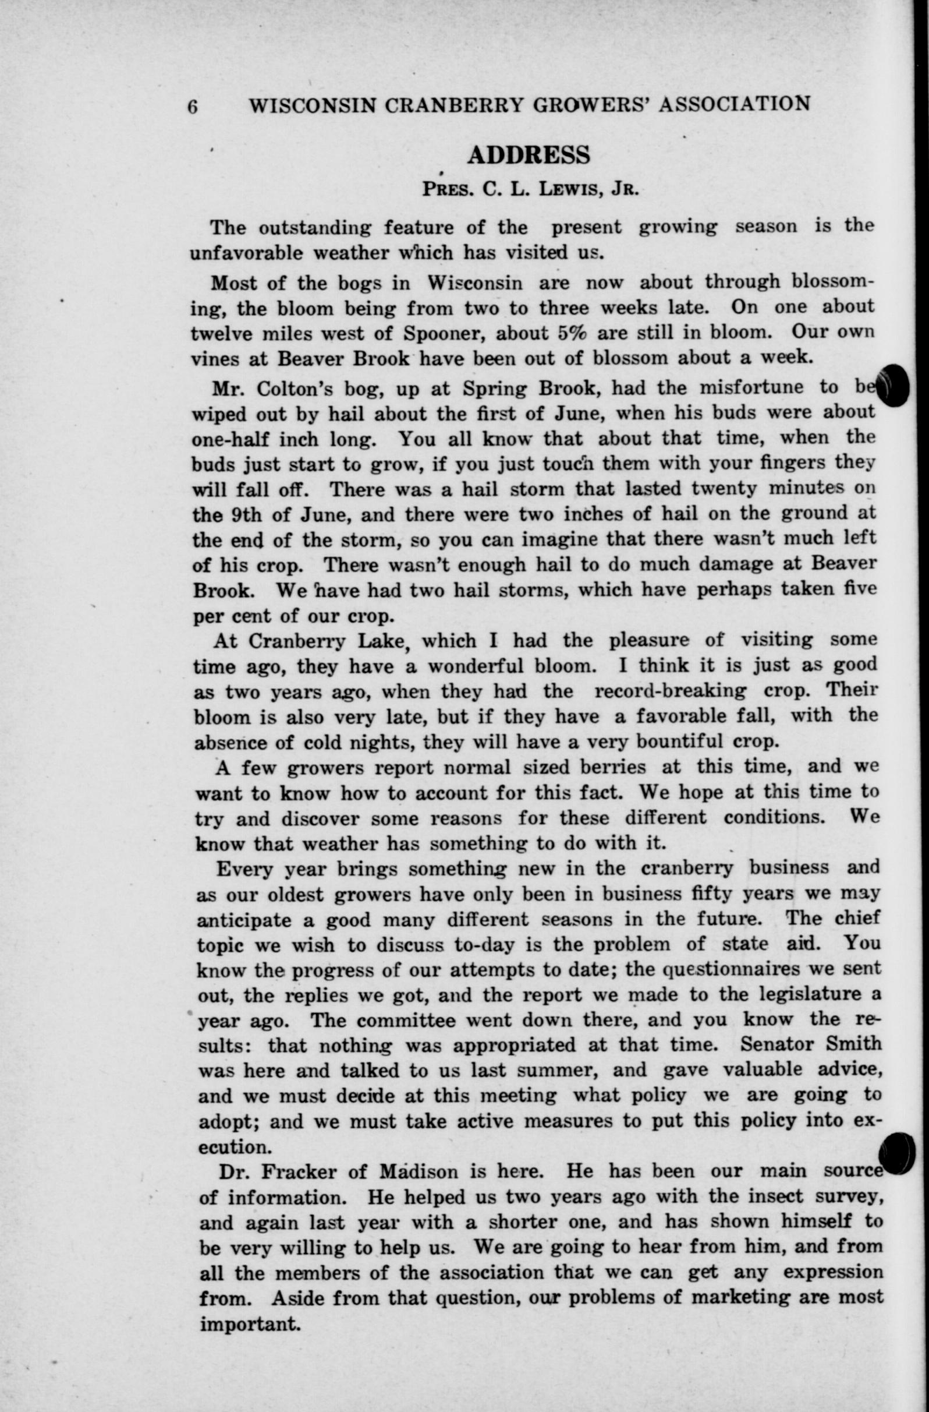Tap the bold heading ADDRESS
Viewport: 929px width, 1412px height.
tap(529, 155)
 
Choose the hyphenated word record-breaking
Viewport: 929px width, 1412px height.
tap(670, 691)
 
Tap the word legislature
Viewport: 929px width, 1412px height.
tap(801, 995)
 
